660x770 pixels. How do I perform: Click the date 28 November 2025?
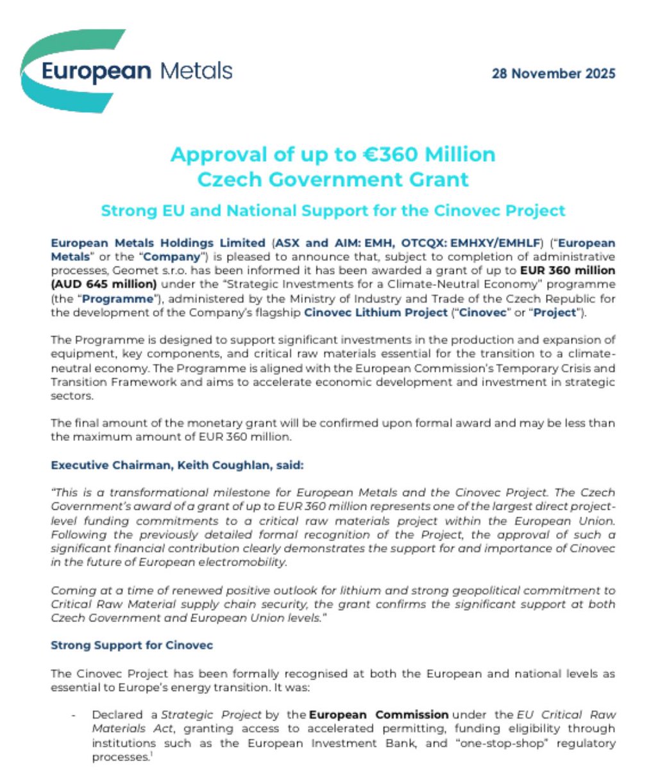tap(553, 73)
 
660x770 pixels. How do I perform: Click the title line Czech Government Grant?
tap(332, 178)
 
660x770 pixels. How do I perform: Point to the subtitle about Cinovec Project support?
tap(332, 210)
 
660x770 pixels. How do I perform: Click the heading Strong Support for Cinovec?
tap(131, 646)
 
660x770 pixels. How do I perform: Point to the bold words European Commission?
tap(378, 714)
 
